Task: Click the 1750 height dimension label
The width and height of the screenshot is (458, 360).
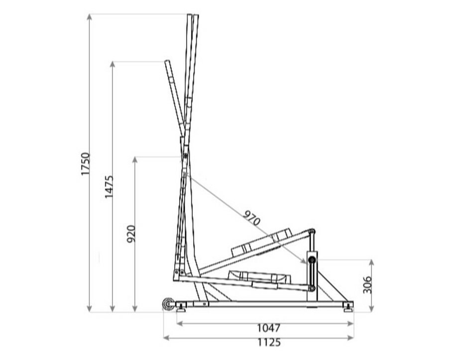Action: tap(86, 164)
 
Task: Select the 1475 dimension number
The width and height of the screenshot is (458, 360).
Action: tap(109, 187)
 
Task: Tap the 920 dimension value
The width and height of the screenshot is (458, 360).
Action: tap(131, 234)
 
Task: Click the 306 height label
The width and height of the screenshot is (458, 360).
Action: tap(367, 285)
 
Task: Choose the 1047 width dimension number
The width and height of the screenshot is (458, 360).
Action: tap(269, 328)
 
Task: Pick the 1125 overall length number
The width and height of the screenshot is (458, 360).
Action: tap(269, 342)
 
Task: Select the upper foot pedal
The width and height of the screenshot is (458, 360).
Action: tap(261, 242)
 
